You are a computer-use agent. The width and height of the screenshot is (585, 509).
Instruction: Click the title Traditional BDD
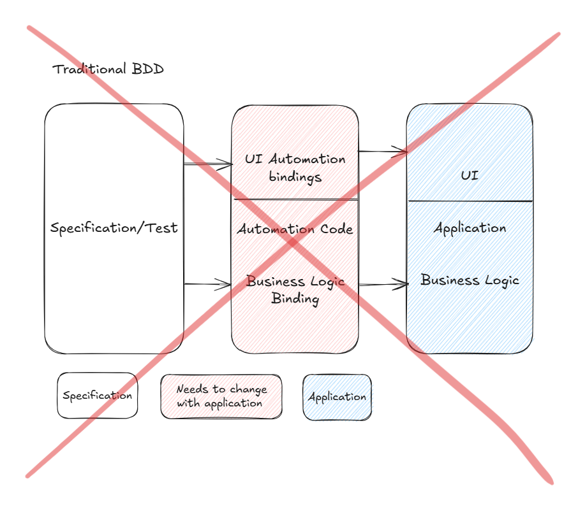click(108, 69)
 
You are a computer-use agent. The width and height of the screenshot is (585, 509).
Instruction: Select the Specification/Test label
click(114, 228)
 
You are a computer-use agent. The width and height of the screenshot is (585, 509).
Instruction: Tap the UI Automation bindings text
click(295, 168)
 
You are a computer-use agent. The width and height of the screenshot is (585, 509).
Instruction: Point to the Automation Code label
click(295, 229)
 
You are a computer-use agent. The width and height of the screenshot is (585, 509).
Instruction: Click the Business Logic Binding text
click(295, 290)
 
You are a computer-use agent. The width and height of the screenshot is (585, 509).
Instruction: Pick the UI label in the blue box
click(470, 175)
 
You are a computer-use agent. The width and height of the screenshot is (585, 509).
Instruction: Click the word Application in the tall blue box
click(470, 228)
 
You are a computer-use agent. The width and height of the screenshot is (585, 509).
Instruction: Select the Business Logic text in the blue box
click(470, 280)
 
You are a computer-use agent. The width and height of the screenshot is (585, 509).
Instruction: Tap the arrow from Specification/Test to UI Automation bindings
click(207, 165)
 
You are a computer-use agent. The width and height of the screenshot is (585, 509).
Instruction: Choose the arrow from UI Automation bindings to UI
click(383, 152)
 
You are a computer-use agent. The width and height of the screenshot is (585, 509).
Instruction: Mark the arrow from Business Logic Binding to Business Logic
click(383, 284)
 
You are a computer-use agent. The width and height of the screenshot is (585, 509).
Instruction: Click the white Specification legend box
click(98, 396)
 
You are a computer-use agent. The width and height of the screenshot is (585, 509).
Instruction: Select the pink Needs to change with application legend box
click(221, 396)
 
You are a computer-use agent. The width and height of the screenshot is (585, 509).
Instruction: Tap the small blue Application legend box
click(337, 397)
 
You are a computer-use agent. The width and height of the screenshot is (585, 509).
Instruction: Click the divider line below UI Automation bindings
click(295, 199)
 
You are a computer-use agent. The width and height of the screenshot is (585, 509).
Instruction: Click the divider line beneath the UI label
click(470, 201)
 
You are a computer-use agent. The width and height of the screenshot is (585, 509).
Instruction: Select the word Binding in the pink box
click(295, 298)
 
